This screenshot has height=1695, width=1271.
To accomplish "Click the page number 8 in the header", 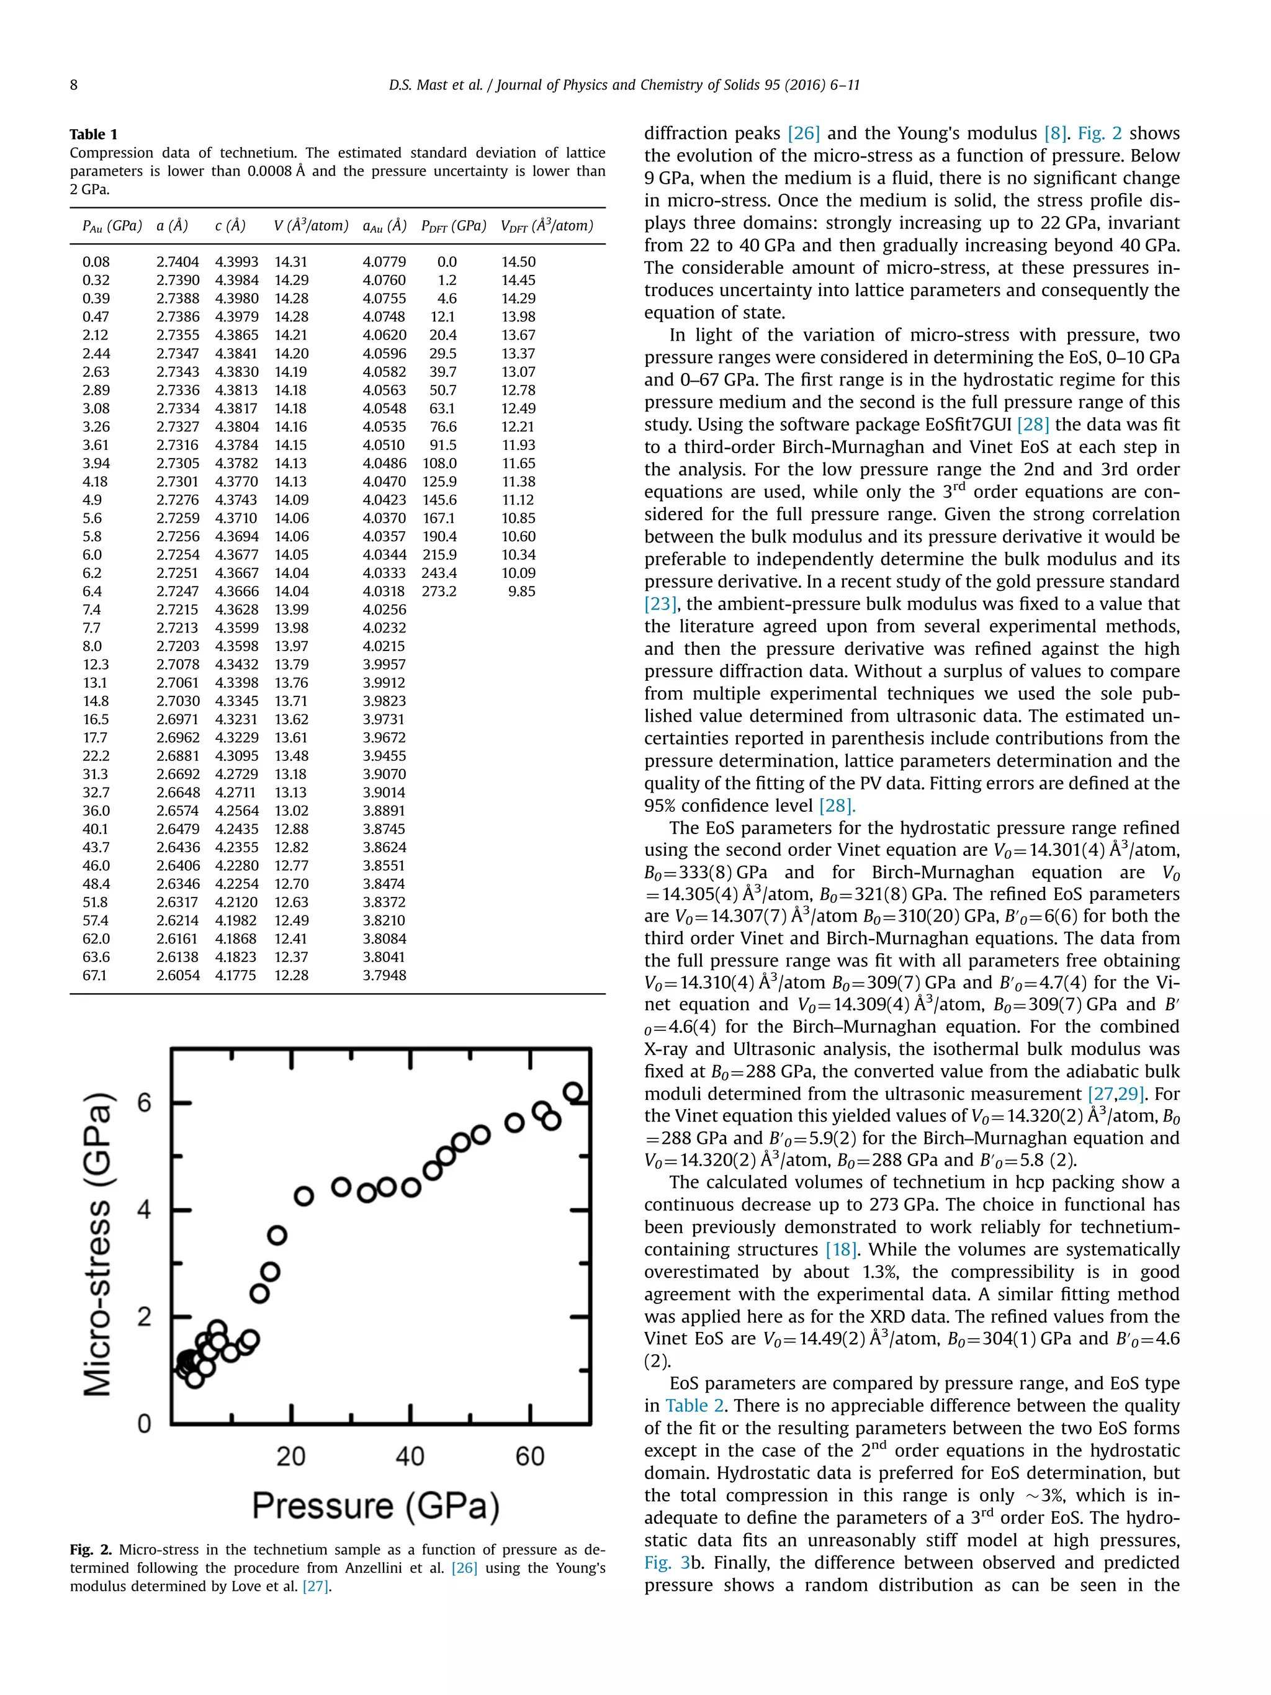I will [74, 85].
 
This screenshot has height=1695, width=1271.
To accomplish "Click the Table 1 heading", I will [94, 134].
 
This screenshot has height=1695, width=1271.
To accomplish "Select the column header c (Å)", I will [230, 226].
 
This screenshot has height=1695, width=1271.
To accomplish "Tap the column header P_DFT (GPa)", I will [454, 226].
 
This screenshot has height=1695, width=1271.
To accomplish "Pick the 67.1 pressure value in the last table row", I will [95, 976].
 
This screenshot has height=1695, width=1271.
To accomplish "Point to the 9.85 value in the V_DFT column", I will [522, 591].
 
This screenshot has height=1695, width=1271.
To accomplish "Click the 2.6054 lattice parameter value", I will [177, 976].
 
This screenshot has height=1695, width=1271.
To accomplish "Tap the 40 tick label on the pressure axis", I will [410, 1456].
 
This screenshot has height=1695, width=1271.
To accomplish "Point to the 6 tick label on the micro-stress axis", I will [144, 1104].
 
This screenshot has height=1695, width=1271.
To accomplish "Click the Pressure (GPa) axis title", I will [375, 1506].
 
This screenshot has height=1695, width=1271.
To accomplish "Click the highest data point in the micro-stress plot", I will [572, 1092].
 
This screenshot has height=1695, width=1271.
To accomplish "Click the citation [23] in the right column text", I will [660, 604].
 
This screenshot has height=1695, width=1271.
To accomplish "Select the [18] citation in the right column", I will [840, 1250].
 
